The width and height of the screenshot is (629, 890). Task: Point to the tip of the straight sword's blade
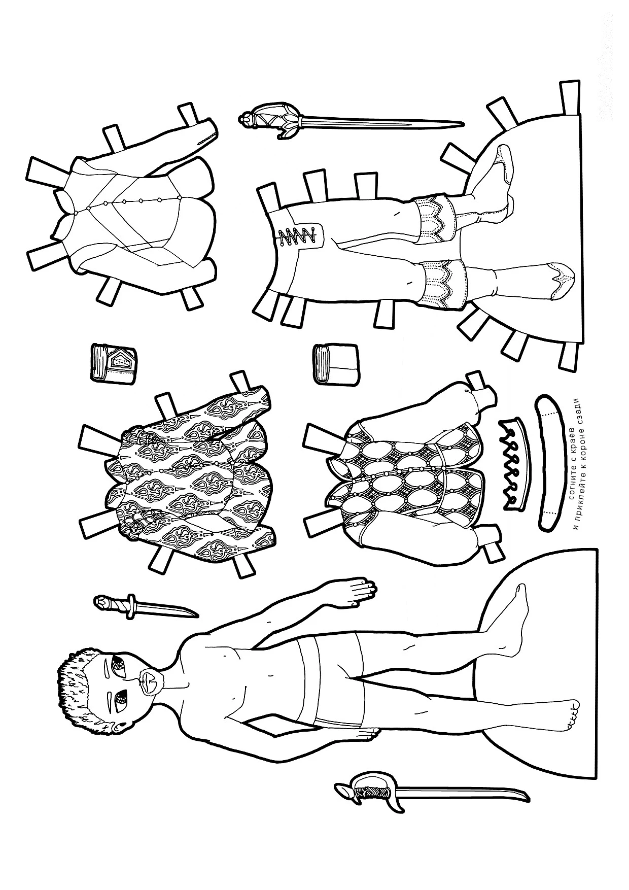(x=463, y=123)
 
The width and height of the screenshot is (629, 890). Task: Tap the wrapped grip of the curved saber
(x=373, y=802)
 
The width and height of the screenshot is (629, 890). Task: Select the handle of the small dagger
(x=114, y=603)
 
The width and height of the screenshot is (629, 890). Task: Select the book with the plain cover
(x=336, y=365)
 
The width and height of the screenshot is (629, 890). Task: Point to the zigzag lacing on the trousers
(x=297, y=236)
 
